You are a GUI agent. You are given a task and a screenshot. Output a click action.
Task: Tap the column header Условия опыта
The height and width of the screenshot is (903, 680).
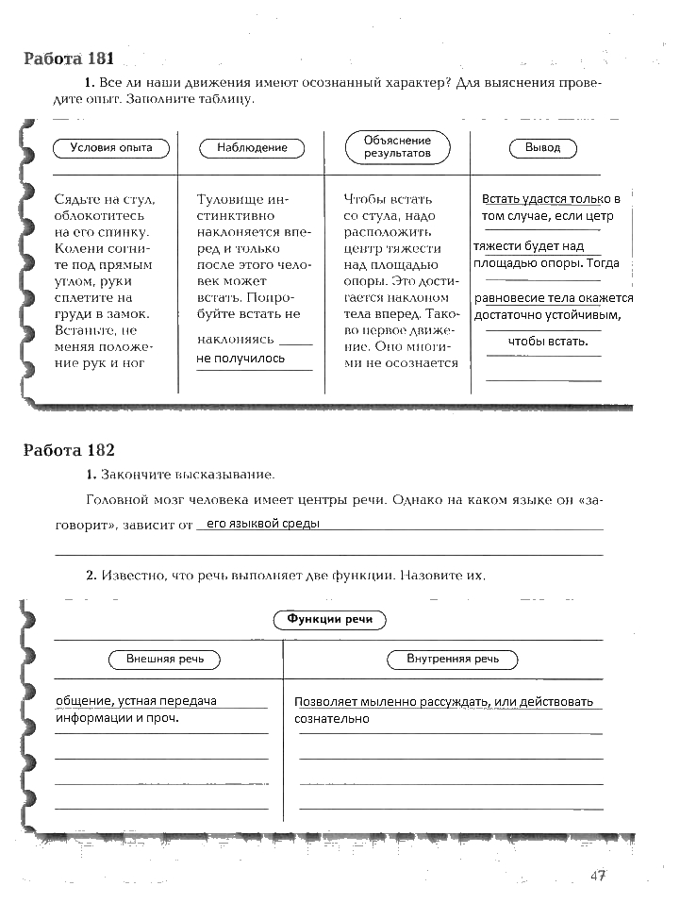point(110,147)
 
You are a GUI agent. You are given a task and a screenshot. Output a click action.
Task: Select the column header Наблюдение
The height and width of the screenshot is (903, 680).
point(252,147)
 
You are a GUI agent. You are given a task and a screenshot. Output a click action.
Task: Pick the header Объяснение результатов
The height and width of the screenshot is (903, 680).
point(397,146)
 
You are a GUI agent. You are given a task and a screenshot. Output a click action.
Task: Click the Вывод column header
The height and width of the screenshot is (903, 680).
point(542,147)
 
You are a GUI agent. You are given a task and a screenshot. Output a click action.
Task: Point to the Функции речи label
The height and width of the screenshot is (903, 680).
point(329,619)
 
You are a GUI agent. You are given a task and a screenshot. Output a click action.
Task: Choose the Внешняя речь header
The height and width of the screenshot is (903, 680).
point(164,659)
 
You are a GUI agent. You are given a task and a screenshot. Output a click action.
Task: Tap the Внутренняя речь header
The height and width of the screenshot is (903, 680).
point(453,659)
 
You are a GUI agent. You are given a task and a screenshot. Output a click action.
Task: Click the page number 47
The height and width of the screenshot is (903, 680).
point(597,876)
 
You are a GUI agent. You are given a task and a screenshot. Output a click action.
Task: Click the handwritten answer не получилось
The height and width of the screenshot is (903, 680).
point(240,359)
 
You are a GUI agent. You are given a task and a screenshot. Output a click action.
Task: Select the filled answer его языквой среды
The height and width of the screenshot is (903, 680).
point(263,523)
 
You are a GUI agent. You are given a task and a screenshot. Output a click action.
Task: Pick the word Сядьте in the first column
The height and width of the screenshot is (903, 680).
point(77,199)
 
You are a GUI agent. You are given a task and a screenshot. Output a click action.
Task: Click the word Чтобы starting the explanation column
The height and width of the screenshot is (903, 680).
point(364,199)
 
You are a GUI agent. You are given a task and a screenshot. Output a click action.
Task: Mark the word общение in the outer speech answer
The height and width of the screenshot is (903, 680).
point(81,701)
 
